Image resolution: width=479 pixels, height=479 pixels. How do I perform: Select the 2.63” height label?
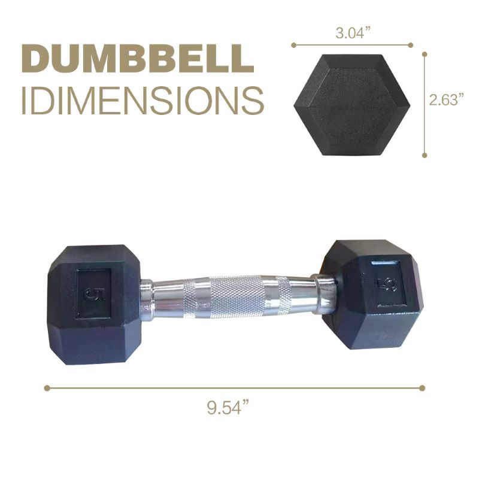(447, 100)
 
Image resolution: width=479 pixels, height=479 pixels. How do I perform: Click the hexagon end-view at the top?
(352, 104)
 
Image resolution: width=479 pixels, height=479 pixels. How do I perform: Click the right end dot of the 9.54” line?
(422, 388)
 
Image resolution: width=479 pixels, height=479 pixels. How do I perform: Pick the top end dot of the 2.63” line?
(424, 53)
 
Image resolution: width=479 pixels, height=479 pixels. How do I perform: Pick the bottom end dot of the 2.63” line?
(424, 155)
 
